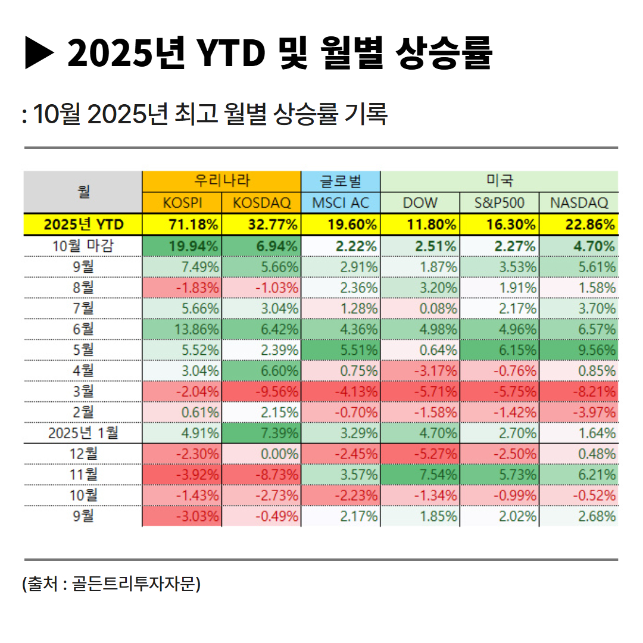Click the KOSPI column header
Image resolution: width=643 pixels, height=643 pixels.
(x=182, y=203)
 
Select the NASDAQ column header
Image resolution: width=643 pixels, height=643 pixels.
(x=579, y=203)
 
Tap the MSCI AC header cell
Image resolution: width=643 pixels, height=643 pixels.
(x=341, y=203)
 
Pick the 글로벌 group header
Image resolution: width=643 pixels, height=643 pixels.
(x=341, y=181)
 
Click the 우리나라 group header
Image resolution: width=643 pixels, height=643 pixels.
(x=222, y=181)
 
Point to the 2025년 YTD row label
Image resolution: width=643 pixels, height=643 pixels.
(x=83, y=224)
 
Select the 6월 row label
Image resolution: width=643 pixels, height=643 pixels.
(x=83, y=329)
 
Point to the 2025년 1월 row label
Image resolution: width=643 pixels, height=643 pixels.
(x=83, y=433)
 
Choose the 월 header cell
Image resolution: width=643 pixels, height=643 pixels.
(x=83, y=192)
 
